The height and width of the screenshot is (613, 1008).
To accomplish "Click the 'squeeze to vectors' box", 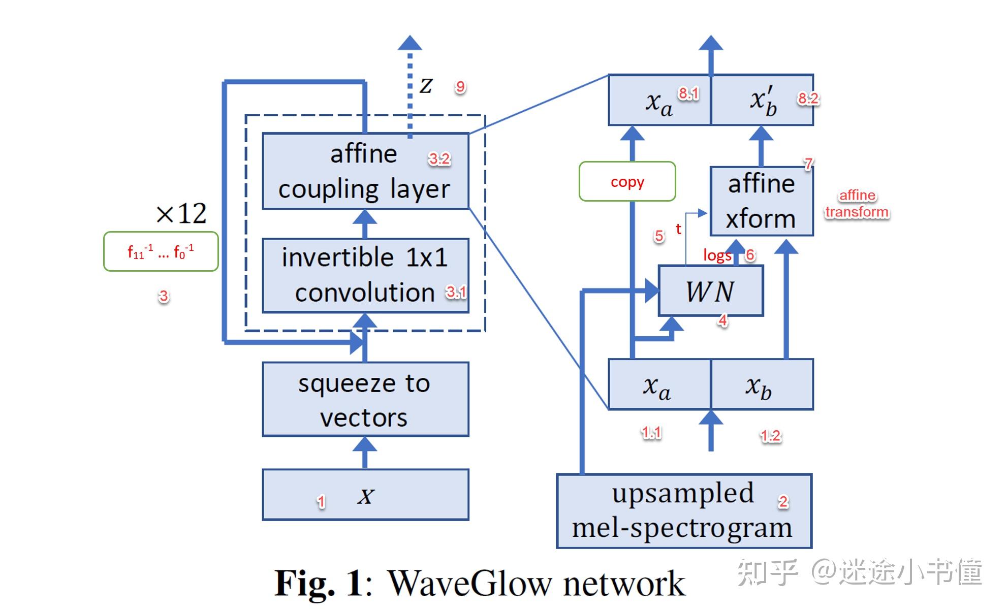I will (x=365, y=399).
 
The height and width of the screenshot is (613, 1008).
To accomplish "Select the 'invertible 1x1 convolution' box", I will (x=365, y=275).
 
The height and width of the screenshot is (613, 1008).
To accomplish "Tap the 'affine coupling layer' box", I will (x=365, y=171).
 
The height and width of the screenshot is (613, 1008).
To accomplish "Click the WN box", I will (x=710, y=291).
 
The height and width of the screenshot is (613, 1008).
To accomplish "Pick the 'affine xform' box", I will (x=761, y=201).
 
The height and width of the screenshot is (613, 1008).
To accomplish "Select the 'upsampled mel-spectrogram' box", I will (x=683, y=511).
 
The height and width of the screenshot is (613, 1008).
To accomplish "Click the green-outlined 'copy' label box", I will (x=627, y=181).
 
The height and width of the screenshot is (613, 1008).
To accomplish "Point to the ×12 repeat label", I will (x=181, y=213).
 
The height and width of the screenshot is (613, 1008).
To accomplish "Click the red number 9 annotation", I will (x=460, y=87).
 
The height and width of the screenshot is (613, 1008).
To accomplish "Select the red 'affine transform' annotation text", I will (x=857, y=204).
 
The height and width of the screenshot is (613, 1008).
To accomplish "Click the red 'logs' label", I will (x=717, y=255).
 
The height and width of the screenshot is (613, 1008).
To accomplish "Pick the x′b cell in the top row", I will (x=762, y=100).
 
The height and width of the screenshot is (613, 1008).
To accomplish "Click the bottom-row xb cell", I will (x=761, y=385).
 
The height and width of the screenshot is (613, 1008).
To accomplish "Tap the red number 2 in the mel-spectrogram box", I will (x=783, y=502).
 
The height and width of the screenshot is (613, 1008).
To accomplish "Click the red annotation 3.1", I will (x=456, y=292).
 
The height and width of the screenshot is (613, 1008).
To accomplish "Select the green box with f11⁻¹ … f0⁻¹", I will (x=161, y=251).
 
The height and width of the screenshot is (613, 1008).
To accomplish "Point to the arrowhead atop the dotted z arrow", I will (x=409, y=43).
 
